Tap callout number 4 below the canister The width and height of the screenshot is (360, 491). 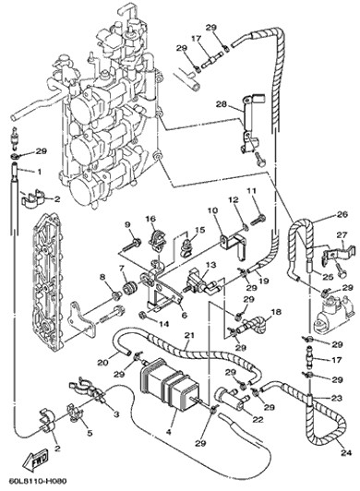169,433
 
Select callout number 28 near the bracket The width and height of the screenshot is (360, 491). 222,104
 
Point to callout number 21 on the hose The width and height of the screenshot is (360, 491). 189,335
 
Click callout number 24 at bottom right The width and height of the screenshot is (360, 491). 347,453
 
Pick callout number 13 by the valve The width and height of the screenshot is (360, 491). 210,265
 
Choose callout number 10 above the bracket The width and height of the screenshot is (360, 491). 212,210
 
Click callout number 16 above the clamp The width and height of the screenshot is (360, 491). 150,218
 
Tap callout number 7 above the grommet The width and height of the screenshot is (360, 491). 121,268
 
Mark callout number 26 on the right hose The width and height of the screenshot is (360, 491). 342,214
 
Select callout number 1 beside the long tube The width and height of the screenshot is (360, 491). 39,172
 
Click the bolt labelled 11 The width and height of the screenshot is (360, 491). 257,219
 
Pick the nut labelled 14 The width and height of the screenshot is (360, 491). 142,314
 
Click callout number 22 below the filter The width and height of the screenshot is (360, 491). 258,419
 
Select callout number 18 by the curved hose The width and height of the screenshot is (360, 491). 276,312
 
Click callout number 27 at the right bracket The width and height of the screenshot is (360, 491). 342,234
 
